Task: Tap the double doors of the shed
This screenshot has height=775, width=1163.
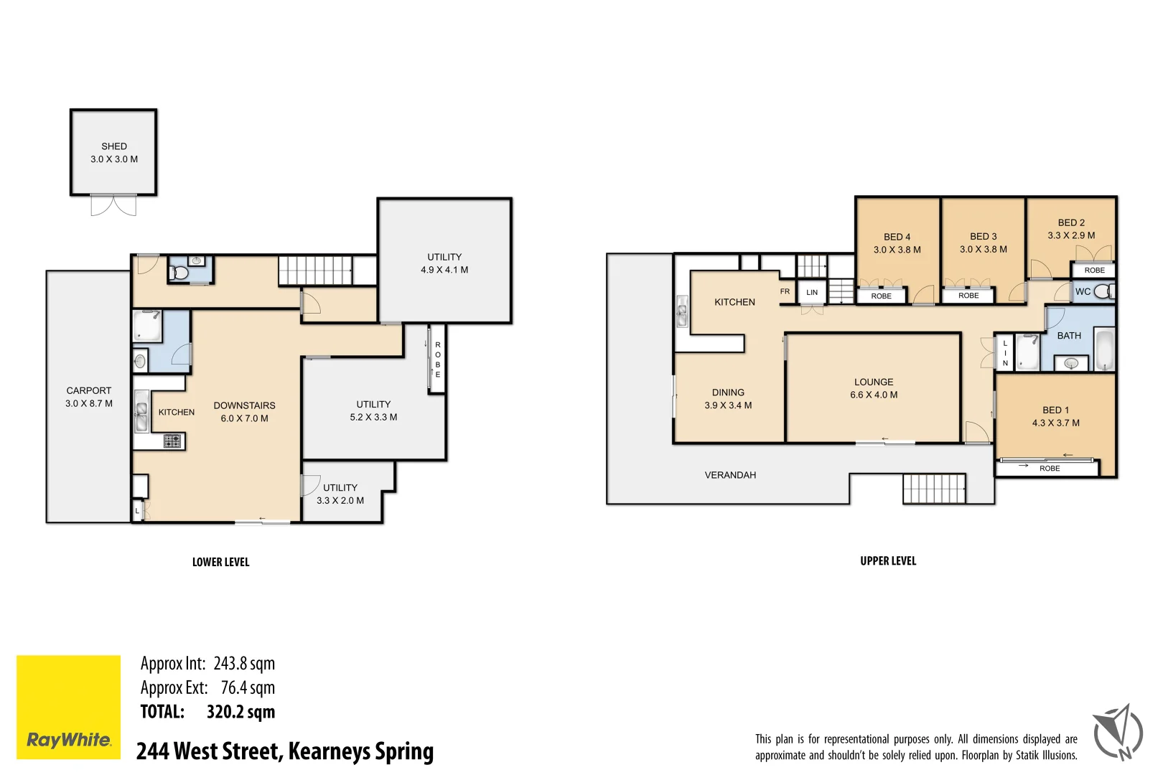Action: coord(113,205)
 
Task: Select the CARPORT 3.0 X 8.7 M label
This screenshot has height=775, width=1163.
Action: coord(89,397)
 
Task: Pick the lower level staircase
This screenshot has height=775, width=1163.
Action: coord(315,271)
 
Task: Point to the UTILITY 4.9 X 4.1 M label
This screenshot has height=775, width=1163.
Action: coord(444,263)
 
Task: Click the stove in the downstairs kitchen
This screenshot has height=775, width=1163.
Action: coord(172,441)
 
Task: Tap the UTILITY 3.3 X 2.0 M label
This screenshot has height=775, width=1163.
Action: coord(340,494)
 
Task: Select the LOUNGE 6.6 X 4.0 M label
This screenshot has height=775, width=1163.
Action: coord(874,388)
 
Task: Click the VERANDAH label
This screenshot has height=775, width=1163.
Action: coord(730,475)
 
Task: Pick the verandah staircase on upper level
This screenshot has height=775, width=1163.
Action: coord(934,489)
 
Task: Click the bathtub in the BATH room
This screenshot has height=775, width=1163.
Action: coord(1103,350)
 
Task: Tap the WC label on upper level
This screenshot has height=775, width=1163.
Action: coord(1083,291)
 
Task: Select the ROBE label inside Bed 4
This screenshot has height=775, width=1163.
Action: coord(881,296)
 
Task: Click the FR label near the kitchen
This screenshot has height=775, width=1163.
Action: coord(785,291)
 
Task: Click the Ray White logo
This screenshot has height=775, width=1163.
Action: coord(69,707)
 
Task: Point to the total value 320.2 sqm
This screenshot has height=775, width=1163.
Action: coord(240,712)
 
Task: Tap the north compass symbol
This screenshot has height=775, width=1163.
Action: coord(1118,732)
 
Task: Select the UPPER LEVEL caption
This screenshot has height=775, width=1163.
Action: coord(888,561)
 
